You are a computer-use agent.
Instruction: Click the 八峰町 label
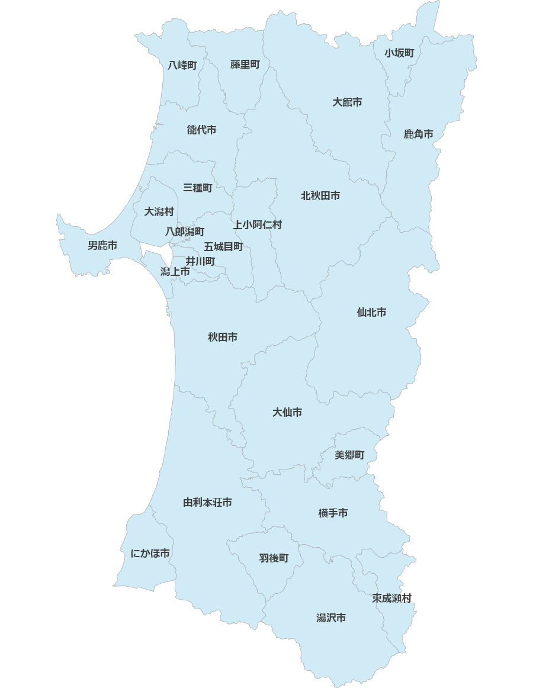click(x=182, y=65)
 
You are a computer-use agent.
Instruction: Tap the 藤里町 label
click(x=245, y=65)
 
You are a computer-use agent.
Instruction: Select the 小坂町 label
click(x=399, y=53)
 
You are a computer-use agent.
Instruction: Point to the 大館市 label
click(x=347, y=102)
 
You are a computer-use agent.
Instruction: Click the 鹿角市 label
click(x=419, y=134)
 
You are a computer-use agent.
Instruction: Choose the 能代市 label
click(x=201, y=130)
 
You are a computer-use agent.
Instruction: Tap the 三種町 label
click(x=198, y=188)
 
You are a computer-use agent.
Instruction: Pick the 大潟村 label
click(x=159, y=211)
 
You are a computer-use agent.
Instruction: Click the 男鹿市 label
click(x=102, y=245)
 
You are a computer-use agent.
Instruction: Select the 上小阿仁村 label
click(x=258, y=224)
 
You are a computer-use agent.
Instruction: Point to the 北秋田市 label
click(x=320, y=195)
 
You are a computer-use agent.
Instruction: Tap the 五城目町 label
click(x=223, y=246)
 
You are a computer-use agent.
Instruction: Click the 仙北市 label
click(x=371, y=312)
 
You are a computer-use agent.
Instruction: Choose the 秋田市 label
click(x=223, y=337)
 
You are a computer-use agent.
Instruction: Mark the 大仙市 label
click(x=287, y=412)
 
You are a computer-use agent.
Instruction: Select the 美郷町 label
click(x=349, y=455)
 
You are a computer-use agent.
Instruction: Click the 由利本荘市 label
click(x=207, y=503)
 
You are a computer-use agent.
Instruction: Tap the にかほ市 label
click(x=150, y=553)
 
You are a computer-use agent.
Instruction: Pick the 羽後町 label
click(x=274, y=558)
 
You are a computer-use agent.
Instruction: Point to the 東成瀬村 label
click(x=391, y=598)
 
